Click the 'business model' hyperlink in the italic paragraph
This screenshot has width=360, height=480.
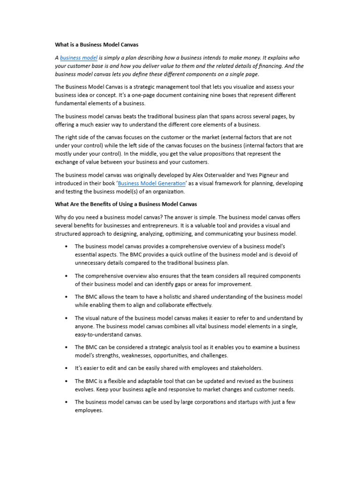coord(79,58)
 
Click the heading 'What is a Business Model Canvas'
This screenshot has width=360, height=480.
coord(97,45)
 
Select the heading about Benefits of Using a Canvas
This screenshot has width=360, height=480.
coord(126,204)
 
